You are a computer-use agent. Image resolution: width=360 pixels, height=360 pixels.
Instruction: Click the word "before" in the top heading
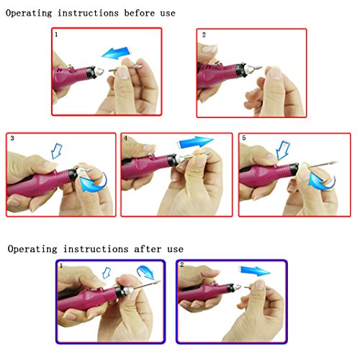[140, 13]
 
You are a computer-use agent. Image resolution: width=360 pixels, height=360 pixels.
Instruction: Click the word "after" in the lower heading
[148, 249]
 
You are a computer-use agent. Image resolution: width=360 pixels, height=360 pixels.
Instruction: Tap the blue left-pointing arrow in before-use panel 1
[117, 53]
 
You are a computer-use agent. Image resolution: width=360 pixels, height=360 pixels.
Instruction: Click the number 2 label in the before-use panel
[204, 35]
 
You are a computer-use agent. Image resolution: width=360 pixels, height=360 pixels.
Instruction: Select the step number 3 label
[12, 138]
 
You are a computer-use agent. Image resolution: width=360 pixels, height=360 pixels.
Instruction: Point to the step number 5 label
[244, 138]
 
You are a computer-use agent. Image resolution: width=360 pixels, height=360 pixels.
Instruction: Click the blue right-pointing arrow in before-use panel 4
[195, 142]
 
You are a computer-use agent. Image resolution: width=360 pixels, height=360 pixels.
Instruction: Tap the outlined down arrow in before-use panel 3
[57, 150]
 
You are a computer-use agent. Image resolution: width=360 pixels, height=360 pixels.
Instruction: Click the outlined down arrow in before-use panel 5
[283, 150]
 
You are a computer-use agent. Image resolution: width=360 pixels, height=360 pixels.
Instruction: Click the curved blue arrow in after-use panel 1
[145, 272]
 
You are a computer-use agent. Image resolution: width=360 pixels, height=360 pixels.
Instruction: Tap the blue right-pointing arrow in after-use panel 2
[255, 271]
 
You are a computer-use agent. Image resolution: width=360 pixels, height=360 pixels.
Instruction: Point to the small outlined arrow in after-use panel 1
[107, 273]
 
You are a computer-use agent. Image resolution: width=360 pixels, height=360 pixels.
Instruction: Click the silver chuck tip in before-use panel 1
[99, 71]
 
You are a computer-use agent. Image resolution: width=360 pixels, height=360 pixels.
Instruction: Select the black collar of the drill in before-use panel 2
[240, 70]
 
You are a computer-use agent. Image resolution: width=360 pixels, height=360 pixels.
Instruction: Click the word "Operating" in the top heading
[29, 13]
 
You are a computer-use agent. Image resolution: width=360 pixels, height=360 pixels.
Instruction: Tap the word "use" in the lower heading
[175, 249]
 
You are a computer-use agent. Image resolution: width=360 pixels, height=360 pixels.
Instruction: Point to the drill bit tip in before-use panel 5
[337, 162]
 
